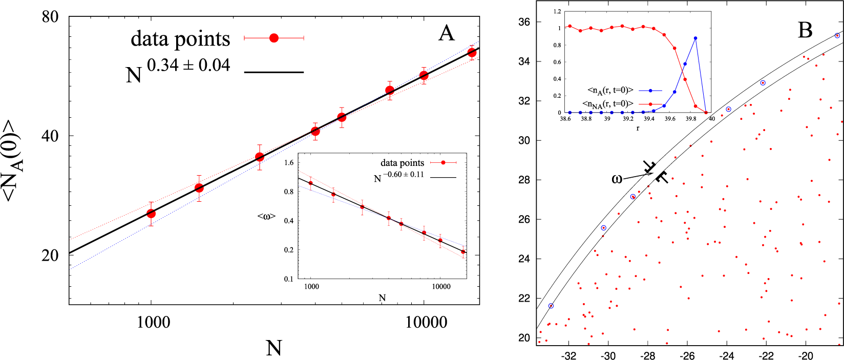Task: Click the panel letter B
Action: pos(805,30)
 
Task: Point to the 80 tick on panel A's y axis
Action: pos(50,16)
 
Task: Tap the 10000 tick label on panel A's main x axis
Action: pos(426,322)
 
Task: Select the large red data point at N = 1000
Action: pos(151,214)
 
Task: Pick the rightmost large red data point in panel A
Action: pos(472,53)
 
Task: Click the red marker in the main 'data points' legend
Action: pos(274,38)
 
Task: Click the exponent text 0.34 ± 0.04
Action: pos(188,66)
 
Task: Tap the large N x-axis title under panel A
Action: pos(274,348)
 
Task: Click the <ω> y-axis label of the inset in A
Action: pos(266,217)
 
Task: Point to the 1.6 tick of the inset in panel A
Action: pos(288,163)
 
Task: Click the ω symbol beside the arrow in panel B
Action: pos(617,179)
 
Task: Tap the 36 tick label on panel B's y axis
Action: pos(524,22)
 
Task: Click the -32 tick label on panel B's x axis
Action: pos(568,356)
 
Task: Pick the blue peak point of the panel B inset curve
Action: pos(695,38)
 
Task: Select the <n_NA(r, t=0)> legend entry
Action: pos(608,104)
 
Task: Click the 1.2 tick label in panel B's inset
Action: pos(557,11)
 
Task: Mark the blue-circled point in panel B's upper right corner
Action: pos(837,35)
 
